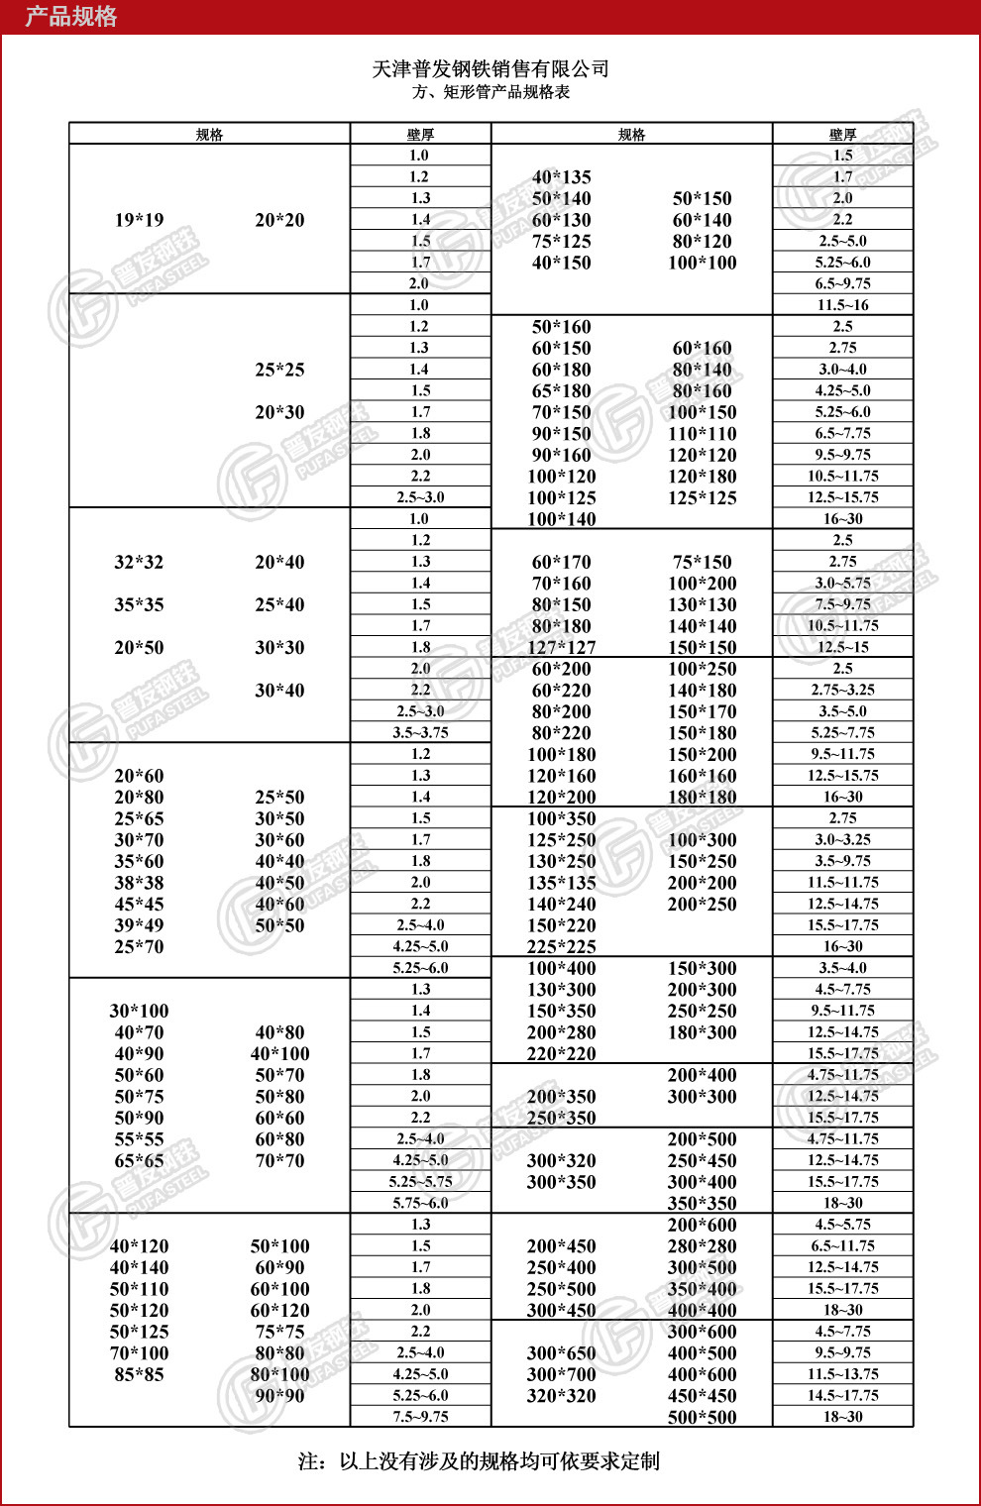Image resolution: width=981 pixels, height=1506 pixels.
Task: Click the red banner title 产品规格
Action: pyautogui.click(x=70, y=17)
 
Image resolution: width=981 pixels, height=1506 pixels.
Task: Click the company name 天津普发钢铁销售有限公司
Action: pyautogui.click(x=490, y=68)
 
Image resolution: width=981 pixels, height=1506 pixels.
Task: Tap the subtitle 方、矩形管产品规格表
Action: pyautogui.click(x=490, y=92)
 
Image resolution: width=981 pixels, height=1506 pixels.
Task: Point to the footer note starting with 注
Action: pyautogui.click(x=479, y=1461)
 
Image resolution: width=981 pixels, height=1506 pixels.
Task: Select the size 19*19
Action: pyautogui.click(x=139, y=220)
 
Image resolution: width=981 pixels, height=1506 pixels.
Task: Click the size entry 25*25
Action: pyautogui.click(x=279, y=370)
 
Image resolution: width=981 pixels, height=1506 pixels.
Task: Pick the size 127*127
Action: pyautogui.click(x=562, y=648)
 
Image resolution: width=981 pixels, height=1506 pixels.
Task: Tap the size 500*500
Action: pyautogui.click(x=702, y=1418)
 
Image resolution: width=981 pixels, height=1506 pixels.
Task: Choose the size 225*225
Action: pyautogui.click(x=562, y=947)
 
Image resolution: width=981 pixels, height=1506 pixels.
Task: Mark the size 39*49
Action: pyautogui.click(x=139, y=925)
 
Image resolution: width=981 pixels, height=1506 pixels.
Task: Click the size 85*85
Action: pyautogui.click(x=139, y=1375)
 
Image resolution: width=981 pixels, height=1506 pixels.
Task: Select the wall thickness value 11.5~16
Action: pyautogui.click(x=842, y=305)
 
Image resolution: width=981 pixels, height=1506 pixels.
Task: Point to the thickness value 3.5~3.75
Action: pyautogui.click(x=420, y=733)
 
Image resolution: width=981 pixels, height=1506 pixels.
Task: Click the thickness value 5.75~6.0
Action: pyautogui.click(x=420, y=1203)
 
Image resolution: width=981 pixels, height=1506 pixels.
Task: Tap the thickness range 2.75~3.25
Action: pyautogui.click(x=842, y=690)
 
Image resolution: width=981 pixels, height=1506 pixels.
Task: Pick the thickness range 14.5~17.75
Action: pyautogui.click(x=842, y=1395)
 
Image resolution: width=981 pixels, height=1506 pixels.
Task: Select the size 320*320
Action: pyautogui.click(x=562, y=1396)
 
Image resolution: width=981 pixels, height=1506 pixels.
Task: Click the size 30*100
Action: pyautogui.click(x=139, y=1012)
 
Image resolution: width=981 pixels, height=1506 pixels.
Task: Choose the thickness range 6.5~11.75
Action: pyautogui.click(x=842, y=1245)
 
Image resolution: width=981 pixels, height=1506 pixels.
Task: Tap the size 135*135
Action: pyautogui.click(x=562, y=883)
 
